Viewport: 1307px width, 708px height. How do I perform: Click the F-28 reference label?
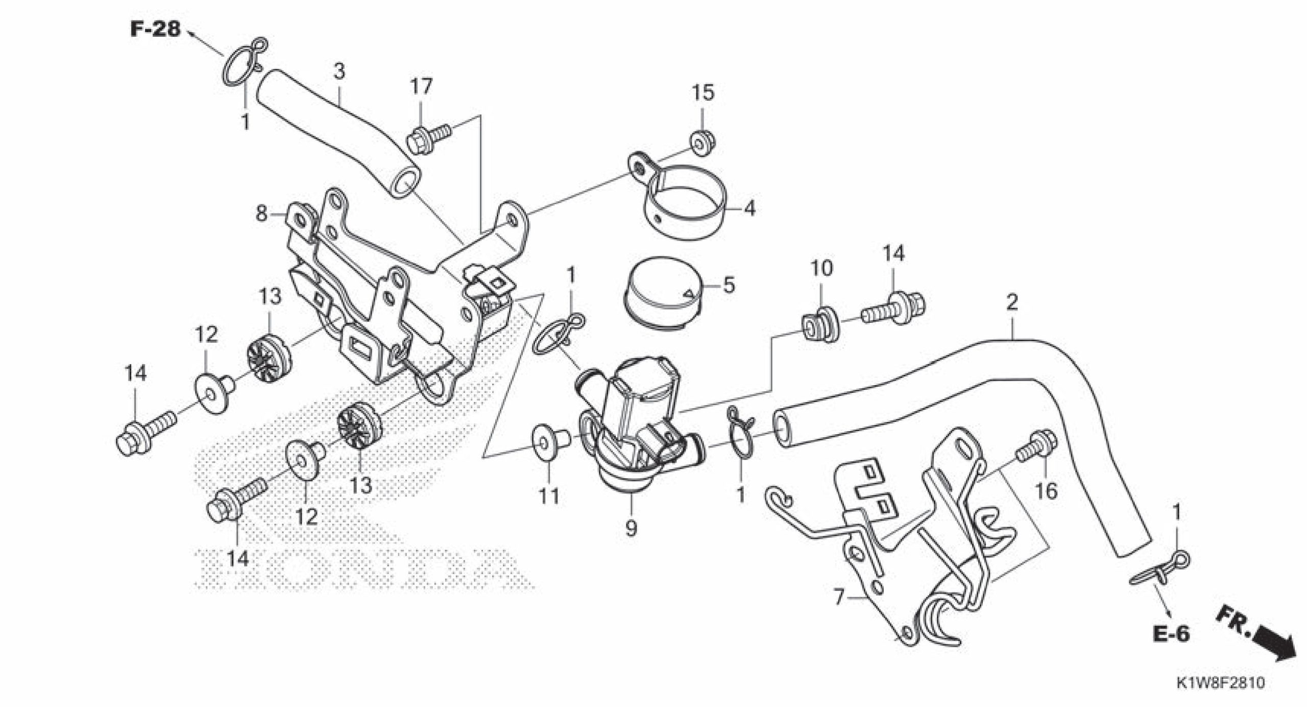tap(156, 29)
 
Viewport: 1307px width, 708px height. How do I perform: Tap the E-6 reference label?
tap(1170, 633)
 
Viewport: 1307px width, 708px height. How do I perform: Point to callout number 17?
tap(422, 87)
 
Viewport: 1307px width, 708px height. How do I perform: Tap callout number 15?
tap(703, 93)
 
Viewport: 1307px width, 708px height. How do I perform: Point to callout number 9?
tap(631, 529)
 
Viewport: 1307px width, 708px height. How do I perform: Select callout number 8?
tap(261, 214)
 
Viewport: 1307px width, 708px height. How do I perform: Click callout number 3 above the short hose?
tap(339, 72)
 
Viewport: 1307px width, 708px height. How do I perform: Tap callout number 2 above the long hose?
tap(1011, 302)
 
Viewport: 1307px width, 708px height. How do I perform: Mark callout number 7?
tap(839, 596)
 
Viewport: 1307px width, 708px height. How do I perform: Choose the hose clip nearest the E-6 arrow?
tap(1163, 571)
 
